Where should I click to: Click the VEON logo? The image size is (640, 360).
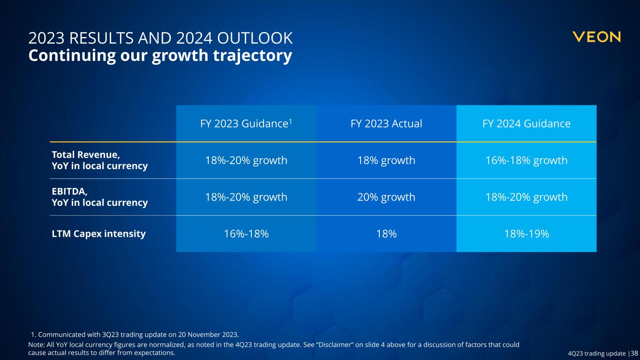(596, 37)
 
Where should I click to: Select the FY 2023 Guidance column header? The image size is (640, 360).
(246, 124)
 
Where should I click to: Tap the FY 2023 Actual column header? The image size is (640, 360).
(386, 124)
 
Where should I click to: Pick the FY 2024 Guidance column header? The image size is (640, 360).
(526, 124)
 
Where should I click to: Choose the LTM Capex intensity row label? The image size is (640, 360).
(98, 233)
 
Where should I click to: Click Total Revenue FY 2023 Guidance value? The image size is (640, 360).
(246, 160)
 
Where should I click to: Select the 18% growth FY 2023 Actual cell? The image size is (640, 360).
(386, 160)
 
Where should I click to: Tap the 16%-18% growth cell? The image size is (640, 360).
(526, 160)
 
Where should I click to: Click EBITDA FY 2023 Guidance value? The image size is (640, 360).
(246, 197)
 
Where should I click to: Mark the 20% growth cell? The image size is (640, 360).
(386, 197)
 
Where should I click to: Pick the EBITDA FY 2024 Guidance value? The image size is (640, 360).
(526, 197)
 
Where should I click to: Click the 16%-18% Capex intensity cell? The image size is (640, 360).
(246, 234)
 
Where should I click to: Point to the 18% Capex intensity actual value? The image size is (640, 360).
(386, 234)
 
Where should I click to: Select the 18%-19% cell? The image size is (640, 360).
(526, 234)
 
